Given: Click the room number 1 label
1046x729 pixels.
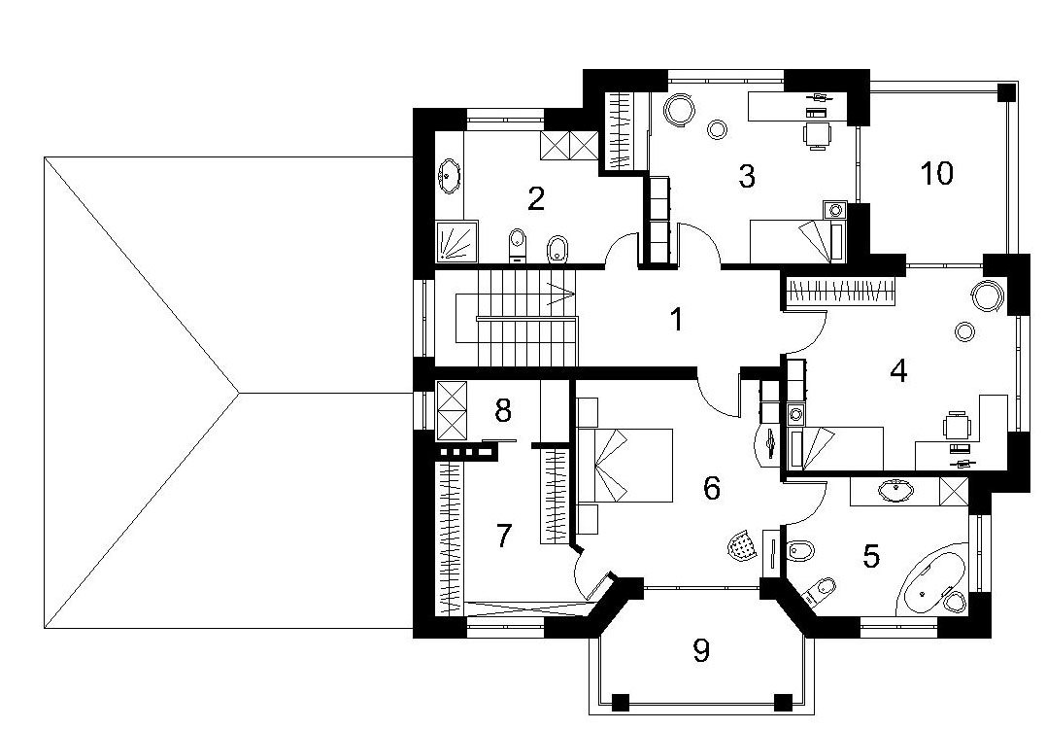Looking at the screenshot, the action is pyautogui.click(x=676, y=319).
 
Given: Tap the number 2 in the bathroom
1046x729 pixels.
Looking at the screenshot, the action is pyautogui.click(x=536, y=198).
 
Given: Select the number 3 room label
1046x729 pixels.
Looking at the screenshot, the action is pyautogui.click(x=747, y=175).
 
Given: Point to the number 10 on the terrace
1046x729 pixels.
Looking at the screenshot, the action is pyautogui.click(x=936, y=173).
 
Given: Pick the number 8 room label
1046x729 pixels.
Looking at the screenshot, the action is pyautogui.click(x=503, y=410).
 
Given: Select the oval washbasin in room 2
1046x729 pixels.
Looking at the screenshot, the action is pyautogui.click(x=449, y=177).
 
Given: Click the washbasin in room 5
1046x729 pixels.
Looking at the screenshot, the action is pyautogui.click(x=894, y=491).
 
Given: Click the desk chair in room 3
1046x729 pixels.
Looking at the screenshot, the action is pyautogui.click(x=817, y=134).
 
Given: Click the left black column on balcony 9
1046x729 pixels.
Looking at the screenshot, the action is pyautogui.click(x=621, y=702).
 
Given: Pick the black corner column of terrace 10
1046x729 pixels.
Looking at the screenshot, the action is pyautogui.click(x=1006, y=91).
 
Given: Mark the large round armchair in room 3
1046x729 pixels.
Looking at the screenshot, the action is pyautogui.click(x=681, y=109).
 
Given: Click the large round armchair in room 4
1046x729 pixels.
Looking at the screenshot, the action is pyautogui.click(x=987, y=295).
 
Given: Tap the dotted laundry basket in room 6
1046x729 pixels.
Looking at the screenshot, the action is pyautogui.click(x=742, y=544).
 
